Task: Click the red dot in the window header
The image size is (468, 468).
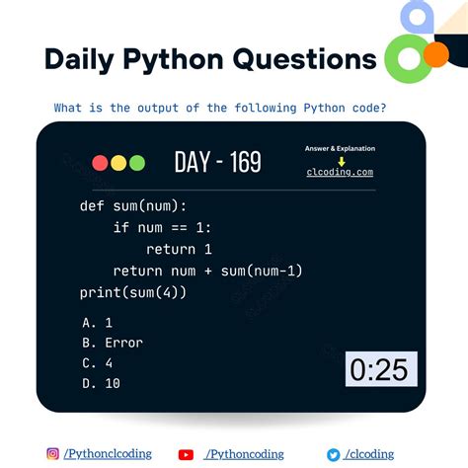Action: click(x=100, y=163)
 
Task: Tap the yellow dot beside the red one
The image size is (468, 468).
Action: click(x=118, y=163)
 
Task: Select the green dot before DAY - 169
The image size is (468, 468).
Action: click(x=136, y=163)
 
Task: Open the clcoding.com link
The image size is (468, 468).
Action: click(x=340, y=172)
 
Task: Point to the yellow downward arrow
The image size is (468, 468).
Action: click(x=340, y=160)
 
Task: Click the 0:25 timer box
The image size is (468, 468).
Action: click(x=380, y=369)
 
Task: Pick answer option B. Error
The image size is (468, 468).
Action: click(x=113, y=343)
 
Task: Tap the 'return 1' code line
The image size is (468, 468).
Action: click(x=179, y=250)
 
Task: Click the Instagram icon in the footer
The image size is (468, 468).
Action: click(x=52, y=454)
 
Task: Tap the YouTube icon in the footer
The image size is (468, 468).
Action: click(x=186, y=454)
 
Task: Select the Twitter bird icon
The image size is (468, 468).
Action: click(x=334, y=454)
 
